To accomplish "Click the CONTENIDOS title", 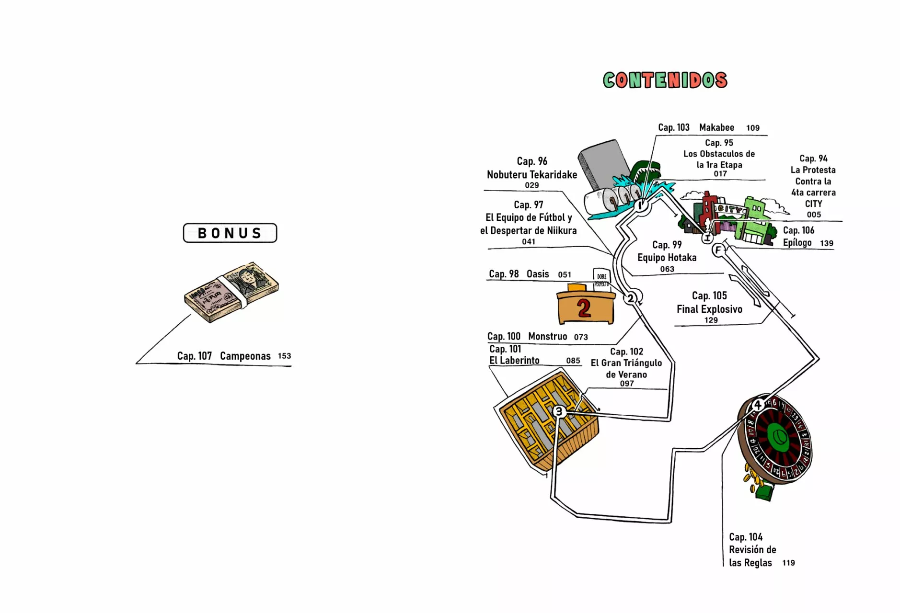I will coord(665,80).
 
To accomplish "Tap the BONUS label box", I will coord(230,233).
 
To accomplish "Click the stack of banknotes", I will coord(231,292).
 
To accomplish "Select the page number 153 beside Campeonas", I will coord(284,356).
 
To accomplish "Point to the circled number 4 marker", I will coord(758,405).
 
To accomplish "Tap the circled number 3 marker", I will coord(559,411).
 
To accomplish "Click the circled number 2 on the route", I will coord(631,298).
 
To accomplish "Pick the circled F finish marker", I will coord(718,250).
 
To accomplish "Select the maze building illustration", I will coord(546,421).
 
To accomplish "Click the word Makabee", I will coord(716,127).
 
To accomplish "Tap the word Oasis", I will coord(538,274).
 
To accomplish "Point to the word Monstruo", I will coord(547,337).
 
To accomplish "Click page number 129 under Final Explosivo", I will coord(711,320).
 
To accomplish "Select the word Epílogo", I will coord(797,243).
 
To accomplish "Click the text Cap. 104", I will coord(746,537).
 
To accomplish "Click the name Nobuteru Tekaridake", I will coord(532,175).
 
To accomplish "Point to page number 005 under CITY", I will coord(814,215).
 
